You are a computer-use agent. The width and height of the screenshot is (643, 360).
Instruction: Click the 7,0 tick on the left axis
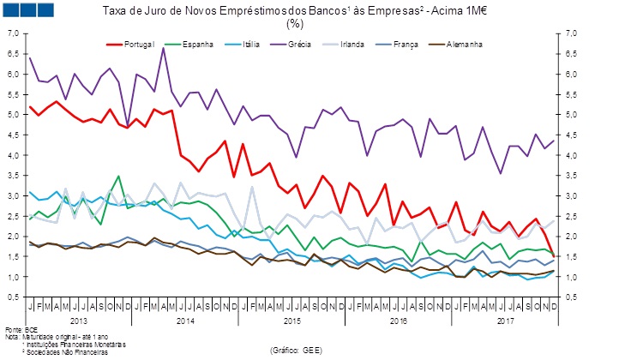coord(13,33)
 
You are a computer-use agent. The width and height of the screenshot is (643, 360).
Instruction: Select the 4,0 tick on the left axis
coord(13,155)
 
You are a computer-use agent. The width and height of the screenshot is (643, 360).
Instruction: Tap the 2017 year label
coord(506,320)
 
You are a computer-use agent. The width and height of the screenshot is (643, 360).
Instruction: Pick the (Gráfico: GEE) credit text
coord(296,351)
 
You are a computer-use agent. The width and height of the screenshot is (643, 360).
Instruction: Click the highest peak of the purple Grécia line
coord(163,48)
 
